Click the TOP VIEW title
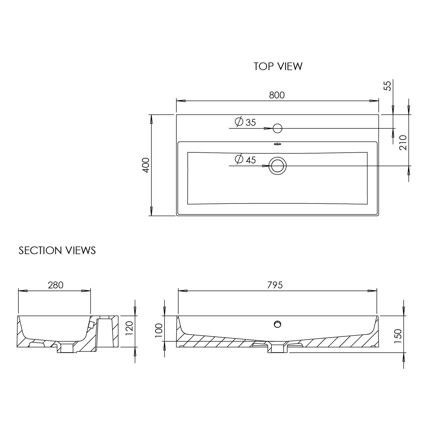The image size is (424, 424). click(x=278, y=66)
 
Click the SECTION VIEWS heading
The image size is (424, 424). click(x=57, y=250)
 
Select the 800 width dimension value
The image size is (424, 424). click(x=277, y=95)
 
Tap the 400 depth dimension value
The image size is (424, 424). click(x=146, y=165)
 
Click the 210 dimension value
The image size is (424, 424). click(x=403, y=142)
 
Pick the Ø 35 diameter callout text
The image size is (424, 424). click(x=245, y=122)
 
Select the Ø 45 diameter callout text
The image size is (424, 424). click(x=245, y=160)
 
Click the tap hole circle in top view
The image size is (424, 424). click(x=278, y=128)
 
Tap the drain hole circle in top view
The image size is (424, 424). click(x=278, y=166)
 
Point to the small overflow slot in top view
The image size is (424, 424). click(x=278, y=144)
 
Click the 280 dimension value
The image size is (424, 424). click(x=55, y=285)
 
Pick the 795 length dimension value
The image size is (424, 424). click(x=275, y=285)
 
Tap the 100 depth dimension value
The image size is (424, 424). click(x=159, y=330)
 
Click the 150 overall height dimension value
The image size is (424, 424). click(x=398, y=336)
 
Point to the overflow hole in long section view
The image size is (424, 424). click(x=278, y=324)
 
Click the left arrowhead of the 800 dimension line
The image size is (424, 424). click(x=181, y=101)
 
